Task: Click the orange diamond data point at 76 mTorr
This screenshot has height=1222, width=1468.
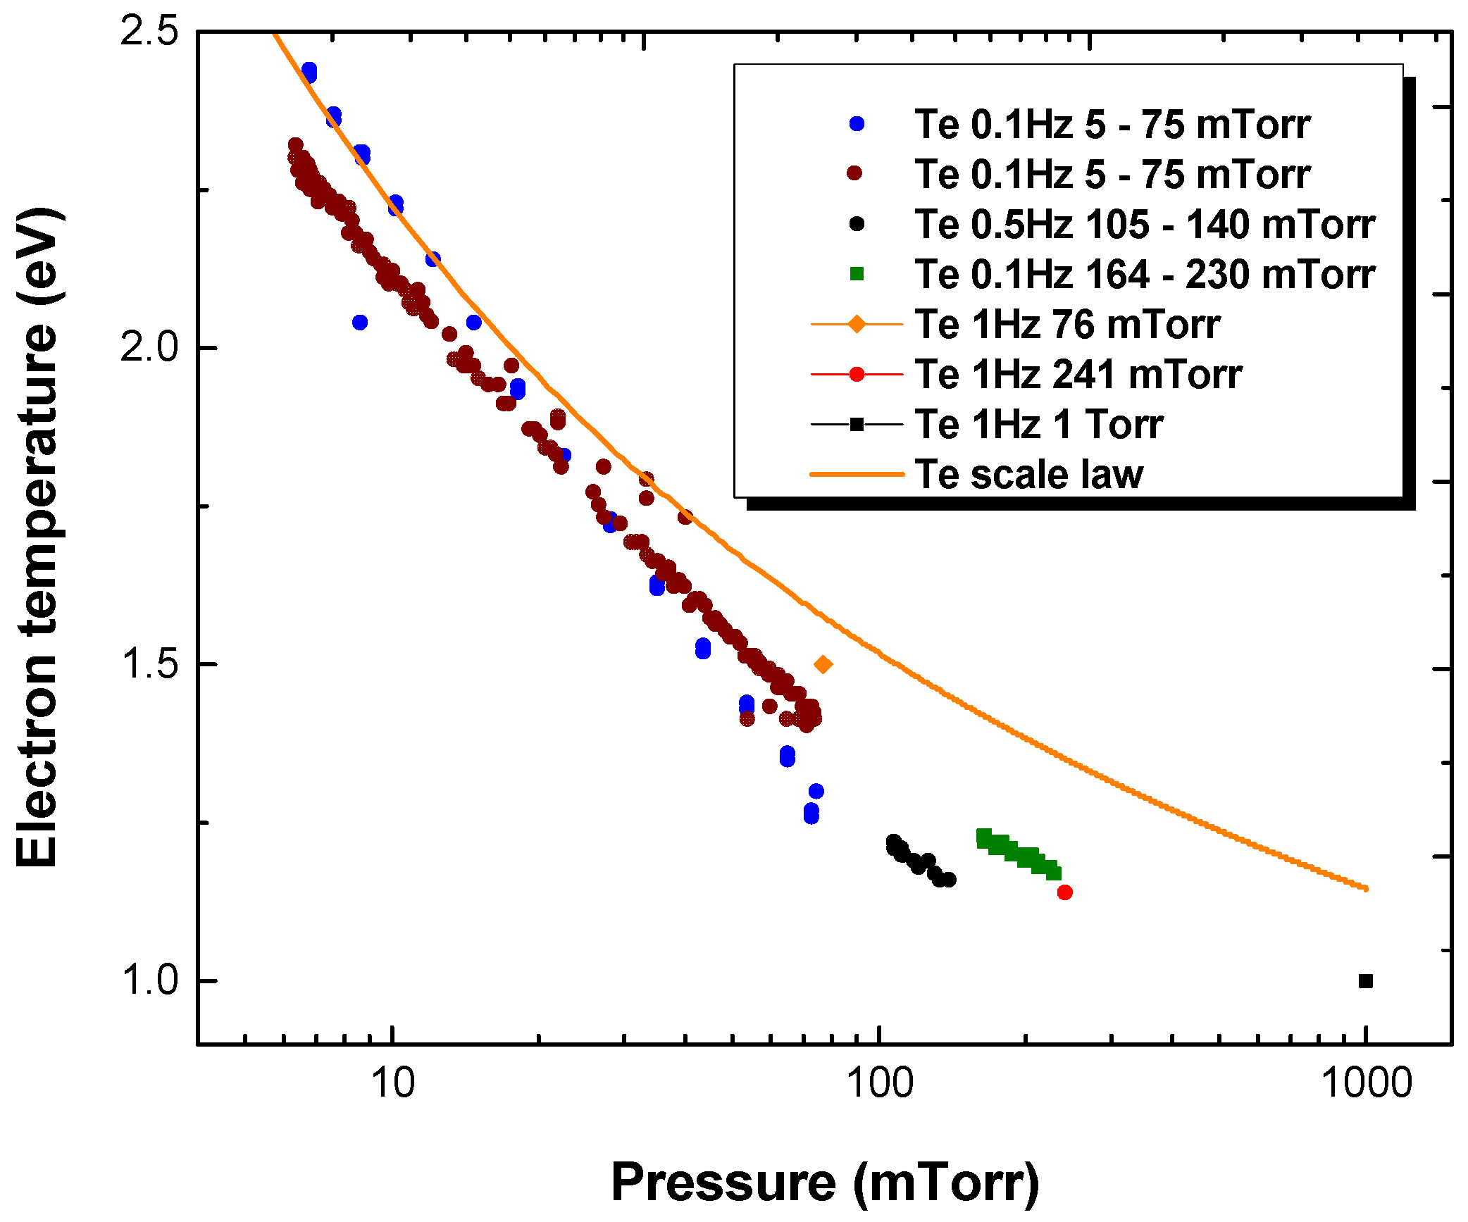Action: click(823, 664)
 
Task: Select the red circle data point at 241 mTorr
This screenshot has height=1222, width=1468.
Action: click(1064, 892)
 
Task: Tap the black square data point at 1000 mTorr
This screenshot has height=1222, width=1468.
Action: click(1365, 981)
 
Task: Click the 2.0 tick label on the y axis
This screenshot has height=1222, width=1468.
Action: click(149, 347)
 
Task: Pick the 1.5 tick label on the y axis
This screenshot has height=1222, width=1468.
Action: click(149, 663)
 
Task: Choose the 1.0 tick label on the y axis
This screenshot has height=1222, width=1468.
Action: click(149, 980)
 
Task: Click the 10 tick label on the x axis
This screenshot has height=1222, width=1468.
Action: click(392, 1083)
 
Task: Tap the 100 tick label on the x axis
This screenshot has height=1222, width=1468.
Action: click(879, 1083)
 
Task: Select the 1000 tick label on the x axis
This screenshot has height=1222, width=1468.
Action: click(1367, 1083)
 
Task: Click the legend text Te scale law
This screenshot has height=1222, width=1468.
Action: click(1028, 474)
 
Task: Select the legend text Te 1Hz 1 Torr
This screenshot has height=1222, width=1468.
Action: click(1038, 424)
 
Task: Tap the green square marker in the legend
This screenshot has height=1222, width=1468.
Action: click(857, 274)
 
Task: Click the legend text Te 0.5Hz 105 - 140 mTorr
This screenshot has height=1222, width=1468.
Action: click(1145, 224)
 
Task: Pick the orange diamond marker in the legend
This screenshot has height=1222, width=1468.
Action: click(857, 324)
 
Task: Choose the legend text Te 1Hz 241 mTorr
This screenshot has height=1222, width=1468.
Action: click(1078, 374)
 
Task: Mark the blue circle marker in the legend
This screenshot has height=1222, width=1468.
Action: click(857, 124)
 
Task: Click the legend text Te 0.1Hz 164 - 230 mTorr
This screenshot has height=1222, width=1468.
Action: click(1145, 274)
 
